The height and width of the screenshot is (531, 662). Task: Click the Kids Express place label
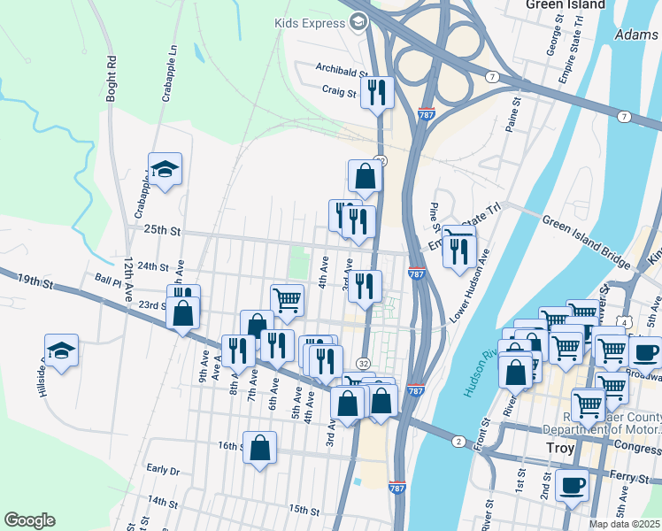coord(311,21)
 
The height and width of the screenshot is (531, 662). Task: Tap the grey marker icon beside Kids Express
coord(358,21)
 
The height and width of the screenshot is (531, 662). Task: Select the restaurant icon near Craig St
coord(378,91)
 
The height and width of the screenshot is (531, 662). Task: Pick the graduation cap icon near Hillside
coord(61,351)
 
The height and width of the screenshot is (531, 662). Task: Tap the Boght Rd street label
coord(112,80)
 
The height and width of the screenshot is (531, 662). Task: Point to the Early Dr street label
coord(163,470)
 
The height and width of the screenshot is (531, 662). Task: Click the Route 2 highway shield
coord(458,441)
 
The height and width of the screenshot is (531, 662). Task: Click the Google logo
coord(29,520)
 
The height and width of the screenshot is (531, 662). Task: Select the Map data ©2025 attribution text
coord(624,524)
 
